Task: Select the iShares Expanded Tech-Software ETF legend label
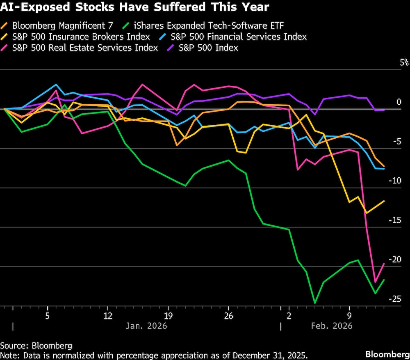point(209,25)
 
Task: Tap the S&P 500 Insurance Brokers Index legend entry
point(81,37)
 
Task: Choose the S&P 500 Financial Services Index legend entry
point(238,37)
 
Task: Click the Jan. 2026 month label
point(146,326)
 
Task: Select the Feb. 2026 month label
point(332,326)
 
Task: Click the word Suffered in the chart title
point(185,7)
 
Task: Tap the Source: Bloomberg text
point(36,345)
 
